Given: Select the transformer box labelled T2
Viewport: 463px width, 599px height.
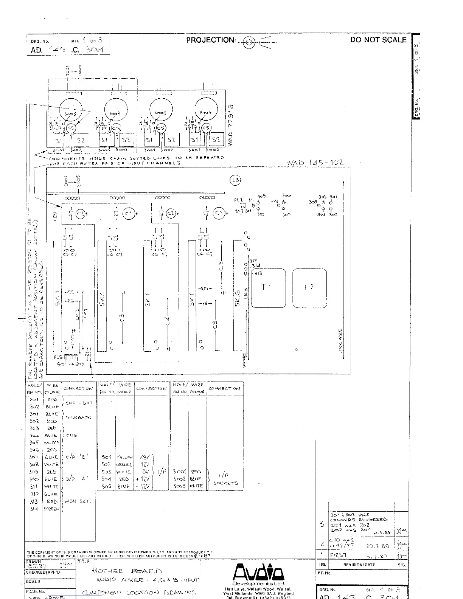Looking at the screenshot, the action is (x=309, y=287).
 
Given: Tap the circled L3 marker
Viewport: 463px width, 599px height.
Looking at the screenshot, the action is (x=235, y=180).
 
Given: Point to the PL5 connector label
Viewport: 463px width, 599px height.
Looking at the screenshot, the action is (x=58, y=357).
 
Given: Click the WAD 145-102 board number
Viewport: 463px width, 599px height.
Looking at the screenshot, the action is (x=315, y=163).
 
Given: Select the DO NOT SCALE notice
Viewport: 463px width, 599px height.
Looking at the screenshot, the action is (x=378, y=40).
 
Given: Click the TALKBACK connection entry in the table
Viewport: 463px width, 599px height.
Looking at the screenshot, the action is (x=78, y=417).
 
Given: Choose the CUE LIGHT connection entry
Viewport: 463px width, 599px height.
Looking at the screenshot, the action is (x=79, y=403).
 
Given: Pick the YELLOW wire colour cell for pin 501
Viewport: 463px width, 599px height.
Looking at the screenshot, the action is (x=124, y=457).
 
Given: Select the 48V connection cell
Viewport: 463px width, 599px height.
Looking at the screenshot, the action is (x=144, y=457).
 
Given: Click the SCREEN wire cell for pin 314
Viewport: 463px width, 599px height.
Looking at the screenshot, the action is (x=51, y=509).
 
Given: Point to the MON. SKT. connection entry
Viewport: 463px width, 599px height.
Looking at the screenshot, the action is (x=78, y=501).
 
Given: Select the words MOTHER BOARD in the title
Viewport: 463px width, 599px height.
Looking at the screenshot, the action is (x=127, y=571).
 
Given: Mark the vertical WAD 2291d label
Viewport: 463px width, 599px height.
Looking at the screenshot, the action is (x=231, y=125).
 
